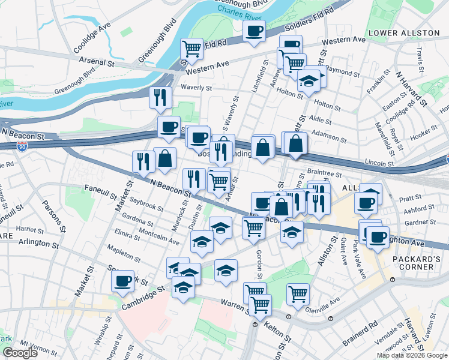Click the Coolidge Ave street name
(x=92, y=38)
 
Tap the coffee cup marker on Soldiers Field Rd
(x=254, y=31)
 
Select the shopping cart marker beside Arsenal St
(x=191, y=49)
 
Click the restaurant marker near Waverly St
(x=160, y=97)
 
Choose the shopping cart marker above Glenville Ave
(x=298, y=293)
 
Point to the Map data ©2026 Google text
(x=412, y=355)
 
